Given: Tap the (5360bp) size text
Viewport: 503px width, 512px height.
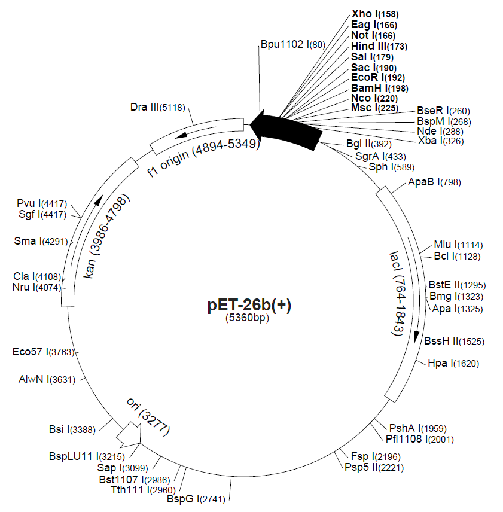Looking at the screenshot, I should tap(248, 318).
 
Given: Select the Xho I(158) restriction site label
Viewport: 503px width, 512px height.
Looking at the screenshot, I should tap(374, 14).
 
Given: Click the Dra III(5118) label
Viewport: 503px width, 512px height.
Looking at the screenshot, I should tap(158, 107).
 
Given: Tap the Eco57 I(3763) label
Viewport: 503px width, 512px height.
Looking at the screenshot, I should tap(43, 352).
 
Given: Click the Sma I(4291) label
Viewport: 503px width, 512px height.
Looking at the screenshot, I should tap(41, 242).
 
